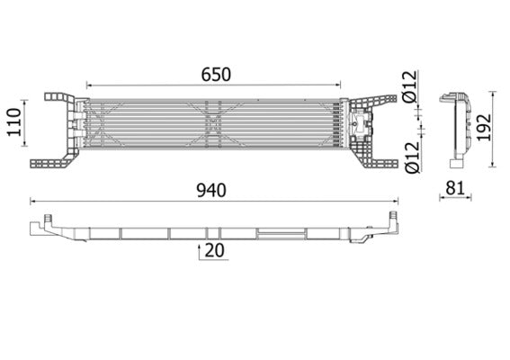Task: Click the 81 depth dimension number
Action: [454, 188]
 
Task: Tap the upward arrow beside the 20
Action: [199, 252]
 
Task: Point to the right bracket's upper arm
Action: [371, 98]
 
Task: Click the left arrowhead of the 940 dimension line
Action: [32, 202]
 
